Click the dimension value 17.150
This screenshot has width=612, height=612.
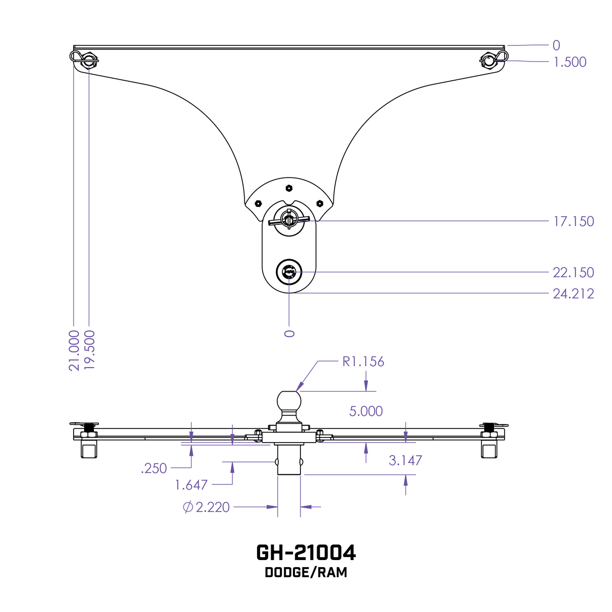(573, 221)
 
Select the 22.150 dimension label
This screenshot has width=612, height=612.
(573, 273)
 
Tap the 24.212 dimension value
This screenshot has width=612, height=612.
(573, 294)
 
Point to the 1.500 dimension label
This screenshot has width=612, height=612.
(570, 62)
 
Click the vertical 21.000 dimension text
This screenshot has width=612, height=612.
(74, 350)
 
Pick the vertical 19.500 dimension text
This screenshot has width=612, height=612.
(90, 350)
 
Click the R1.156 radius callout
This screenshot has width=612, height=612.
(363, 361)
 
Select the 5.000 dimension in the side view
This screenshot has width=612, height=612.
(366, 411)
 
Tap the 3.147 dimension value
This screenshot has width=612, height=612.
(405, 460)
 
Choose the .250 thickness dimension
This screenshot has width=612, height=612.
(154, 469)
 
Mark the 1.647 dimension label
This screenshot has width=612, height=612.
(191, 485)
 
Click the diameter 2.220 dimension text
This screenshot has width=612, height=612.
(207, 507)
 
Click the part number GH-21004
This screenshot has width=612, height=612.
(306, 553)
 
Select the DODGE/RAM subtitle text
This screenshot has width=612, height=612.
(306, 573)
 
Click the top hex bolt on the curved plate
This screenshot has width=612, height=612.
(289, 188)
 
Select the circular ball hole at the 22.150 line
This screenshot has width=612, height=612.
(289, 272)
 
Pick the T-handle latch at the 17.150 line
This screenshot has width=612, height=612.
(289, 220)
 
